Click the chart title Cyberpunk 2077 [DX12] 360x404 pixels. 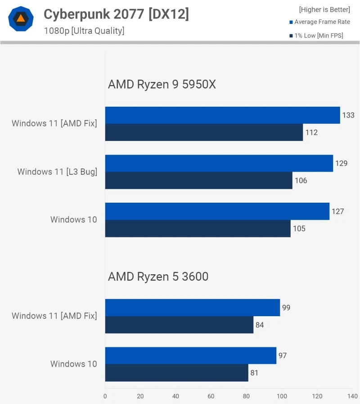tap(116, 14)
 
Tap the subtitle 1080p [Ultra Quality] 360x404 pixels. tap(84, 31)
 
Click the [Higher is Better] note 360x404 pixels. tap(324, 9)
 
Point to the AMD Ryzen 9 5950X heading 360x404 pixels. tap(162, 84)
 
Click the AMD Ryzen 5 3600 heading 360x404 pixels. tap(158, 277)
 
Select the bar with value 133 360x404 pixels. tap(222, 115)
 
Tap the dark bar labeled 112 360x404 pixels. tap(204, 132)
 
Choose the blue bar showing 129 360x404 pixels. tap(219, 163)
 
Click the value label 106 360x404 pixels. tap(301, 181)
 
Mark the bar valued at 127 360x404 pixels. tap(217, 211)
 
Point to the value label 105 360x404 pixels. tap(299, 228)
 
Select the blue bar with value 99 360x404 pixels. tap(193, 308)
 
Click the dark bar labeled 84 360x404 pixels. tap(179, 325)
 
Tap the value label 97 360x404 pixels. tap(283, 356)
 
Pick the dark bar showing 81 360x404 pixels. tap(176, 373)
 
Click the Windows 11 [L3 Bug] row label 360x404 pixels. tap(57, 172)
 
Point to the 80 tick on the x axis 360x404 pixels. tap(246, 396)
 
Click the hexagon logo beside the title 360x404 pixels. tap(21, 18)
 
